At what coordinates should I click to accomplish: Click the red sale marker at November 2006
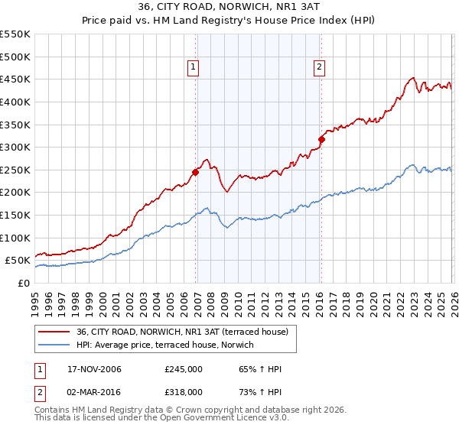pos(196,172)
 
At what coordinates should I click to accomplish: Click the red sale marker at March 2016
pos(321,139)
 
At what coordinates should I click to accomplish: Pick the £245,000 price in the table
pos(184,370)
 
